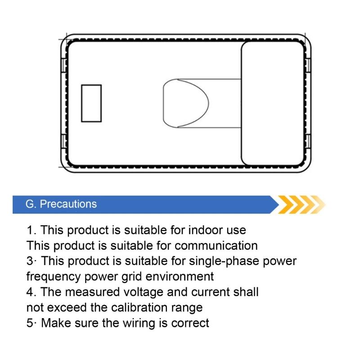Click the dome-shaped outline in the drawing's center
(x=208, y=103)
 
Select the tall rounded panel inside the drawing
(x=242, y=103)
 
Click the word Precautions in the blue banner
(x=68, y=204)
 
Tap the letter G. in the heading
(x=31, y=204)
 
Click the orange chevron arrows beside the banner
(x=301, y=205)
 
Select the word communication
(x=216, y=246)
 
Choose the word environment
(x=180, y=277)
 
